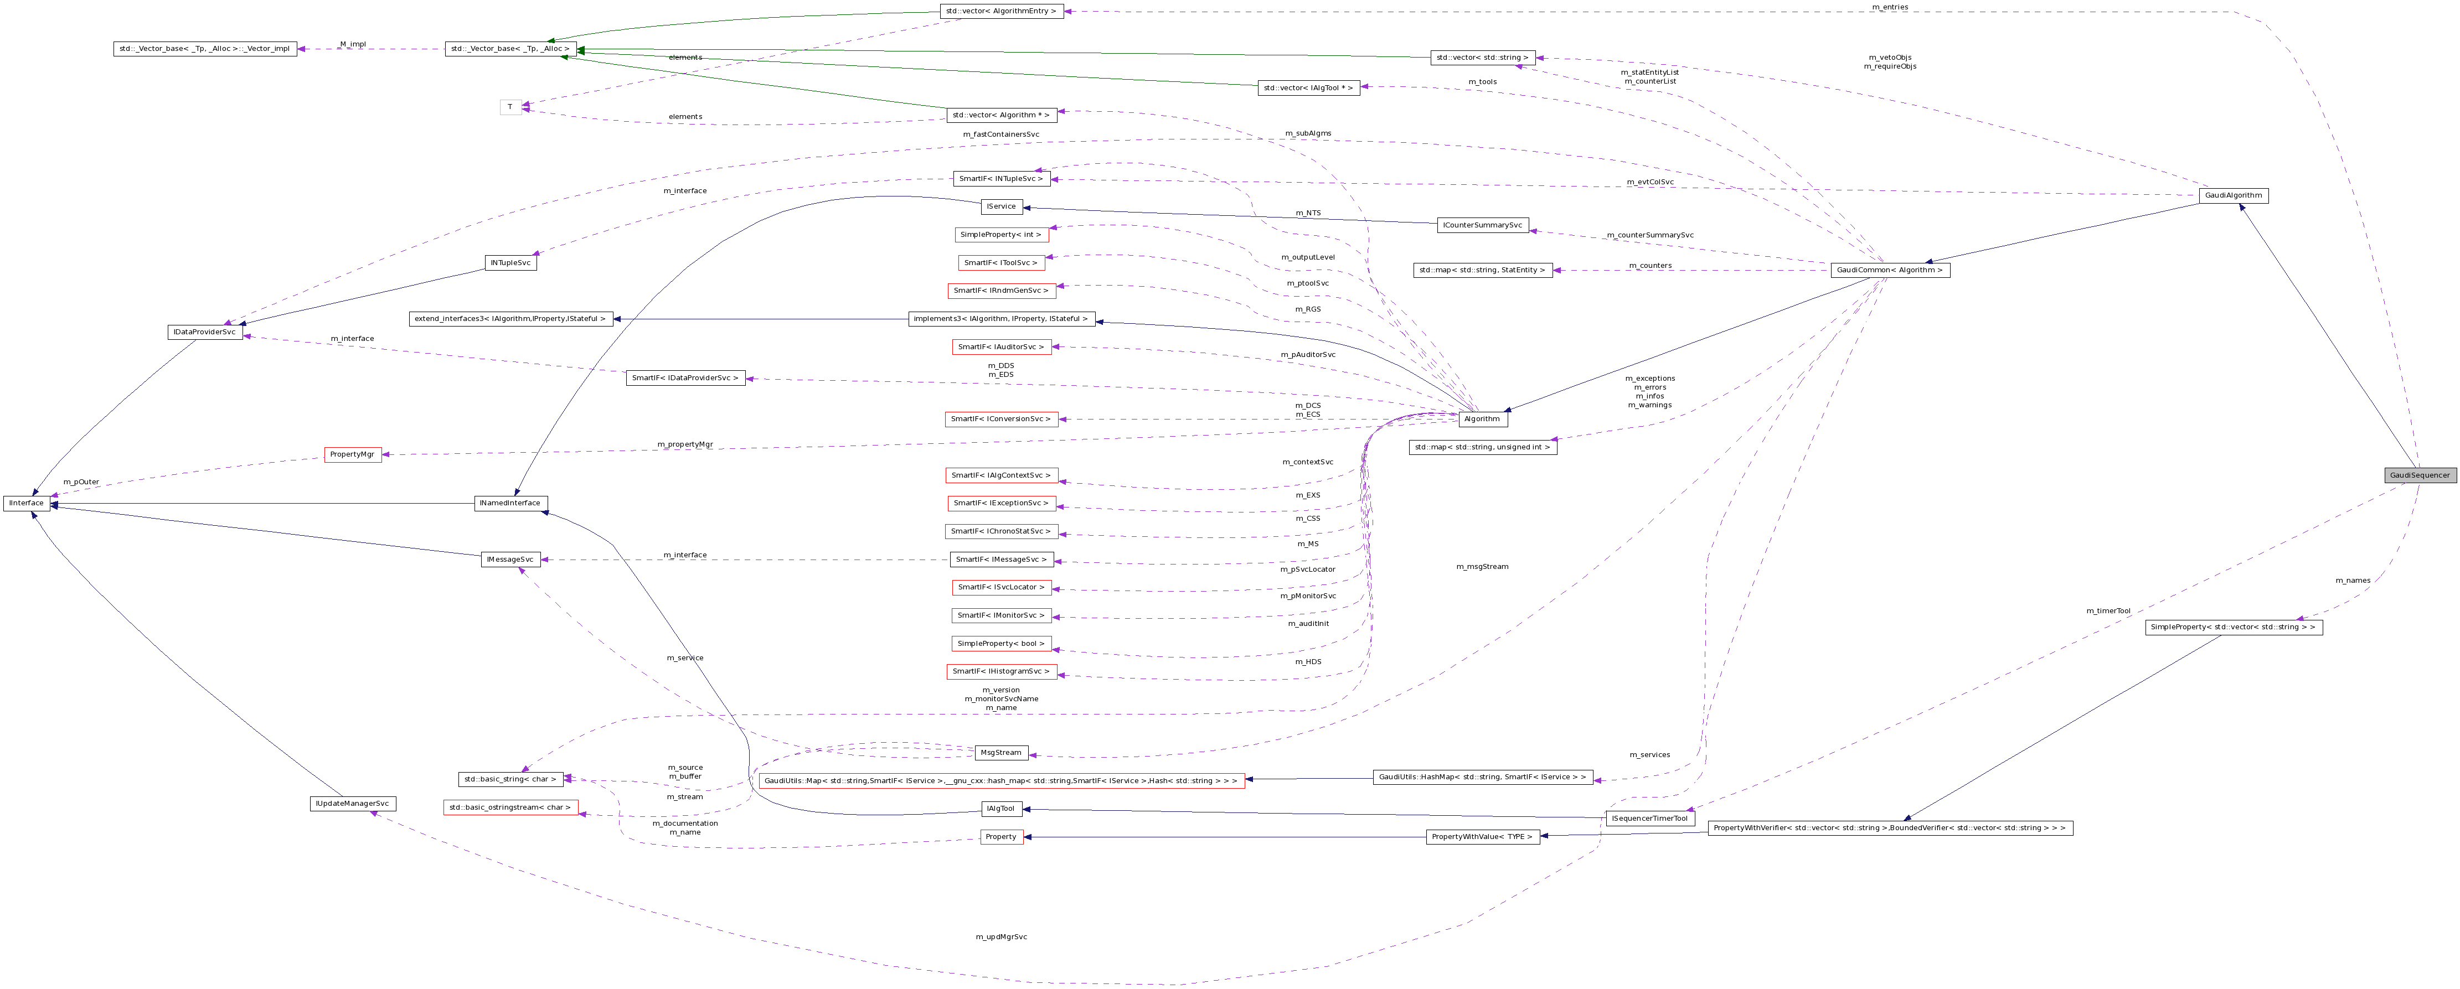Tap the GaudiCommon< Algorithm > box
(1889, 270)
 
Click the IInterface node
(26, 503)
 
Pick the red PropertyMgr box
(352, 454)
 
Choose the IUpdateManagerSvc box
(352, 804)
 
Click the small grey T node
(511, 107)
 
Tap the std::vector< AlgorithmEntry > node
(1001, 12)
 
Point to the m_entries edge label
(1889, 7)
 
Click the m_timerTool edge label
(2108, 611)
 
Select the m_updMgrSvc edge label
(1001, 936)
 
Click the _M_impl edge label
(352, 44)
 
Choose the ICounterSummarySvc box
(1482, 225)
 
